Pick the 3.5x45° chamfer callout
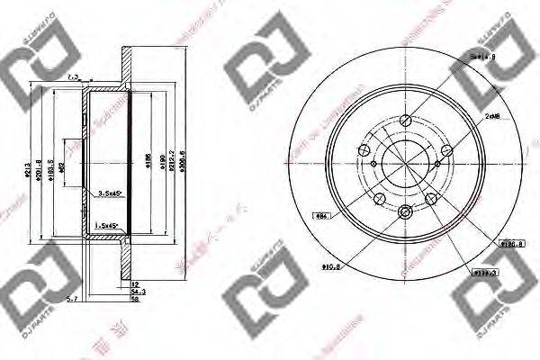(111, 193)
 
